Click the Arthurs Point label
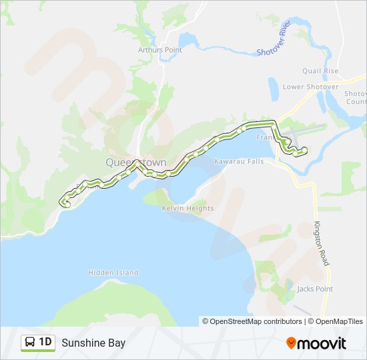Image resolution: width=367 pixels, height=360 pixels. coord(159,49)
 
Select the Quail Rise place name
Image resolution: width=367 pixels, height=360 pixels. coord(320,71)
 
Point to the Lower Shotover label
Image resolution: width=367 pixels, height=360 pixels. coord(310,87)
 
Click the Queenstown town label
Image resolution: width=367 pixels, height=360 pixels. coord(131,162)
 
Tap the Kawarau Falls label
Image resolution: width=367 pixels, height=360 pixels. coord(239,161)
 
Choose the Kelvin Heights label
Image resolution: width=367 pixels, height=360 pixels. coord(188,209)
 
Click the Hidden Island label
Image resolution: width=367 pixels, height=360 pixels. coord(113,272)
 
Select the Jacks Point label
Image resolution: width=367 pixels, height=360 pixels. coord(315,289)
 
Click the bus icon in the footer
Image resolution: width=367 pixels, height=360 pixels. coord(29,343)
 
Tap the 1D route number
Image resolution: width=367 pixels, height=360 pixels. coord(45,343)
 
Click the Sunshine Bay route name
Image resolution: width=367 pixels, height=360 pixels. coord(93,343)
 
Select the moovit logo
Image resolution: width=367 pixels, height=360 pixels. coord(316,343)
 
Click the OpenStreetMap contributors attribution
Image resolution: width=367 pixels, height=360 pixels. coord(252,321)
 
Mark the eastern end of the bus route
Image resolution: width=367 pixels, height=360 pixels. coord(304,150)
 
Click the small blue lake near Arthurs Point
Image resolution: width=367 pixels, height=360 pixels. coord(186,39)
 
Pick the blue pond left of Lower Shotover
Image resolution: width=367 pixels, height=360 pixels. coord(274,87)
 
